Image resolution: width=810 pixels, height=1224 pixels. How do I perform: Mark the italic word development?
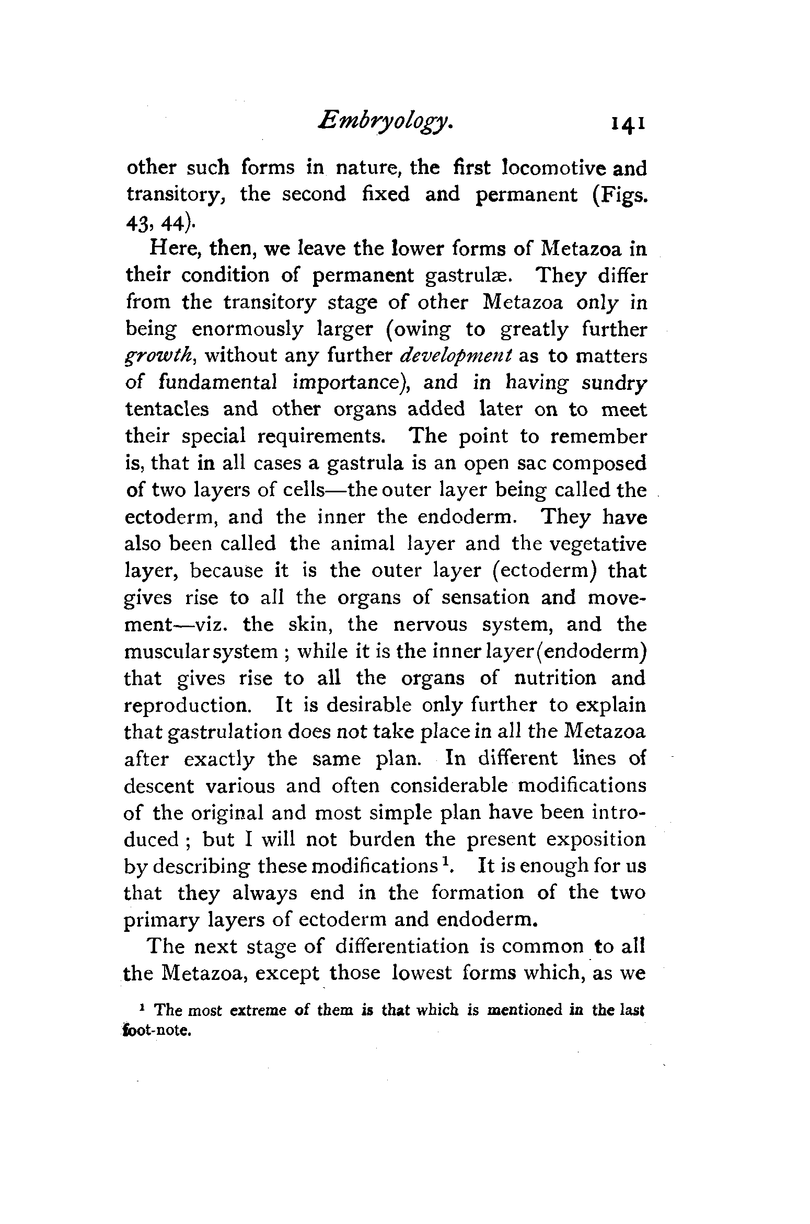point(455,356)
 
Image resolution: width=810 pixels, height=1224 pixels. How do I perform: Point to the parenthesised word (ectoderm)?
point(545,570)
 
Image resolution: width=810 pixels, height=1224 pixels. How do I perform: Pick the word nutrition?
point(554,678)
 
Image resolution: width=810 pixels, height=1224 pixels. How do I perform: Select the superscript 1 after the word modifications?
point(447,861)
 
